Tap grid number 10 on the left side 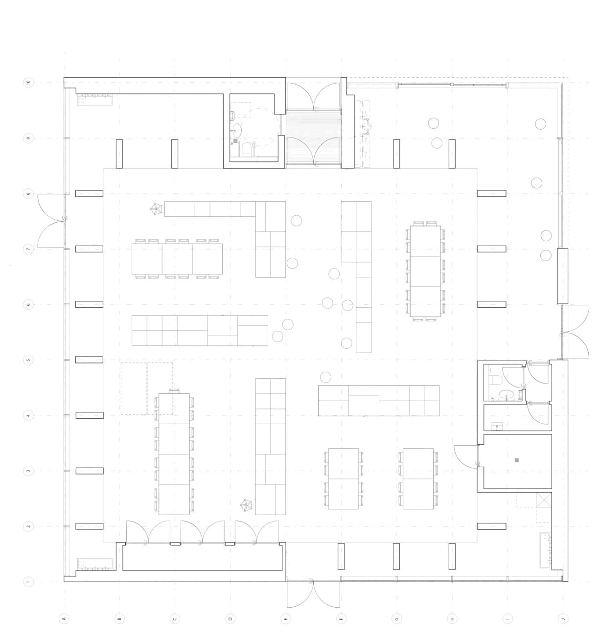point(28,83)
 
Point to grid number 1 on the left point(28,582)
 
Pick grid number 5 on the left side point(28,360)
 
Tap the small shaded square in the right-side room point(516,460)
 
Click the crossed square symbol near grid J point(544,500)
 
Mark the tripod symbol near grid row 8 point(156,209)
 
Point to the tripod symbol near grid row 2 point(246,504)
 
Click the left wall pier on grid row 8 point(89,194)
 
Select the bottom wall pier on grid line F point(341,557)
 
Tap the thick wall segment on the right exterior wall point(562,276)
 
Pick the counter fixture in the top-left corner point(95,99)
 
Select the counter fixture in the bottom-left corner point(95,565)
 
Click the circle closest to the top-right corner point(540,124)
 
